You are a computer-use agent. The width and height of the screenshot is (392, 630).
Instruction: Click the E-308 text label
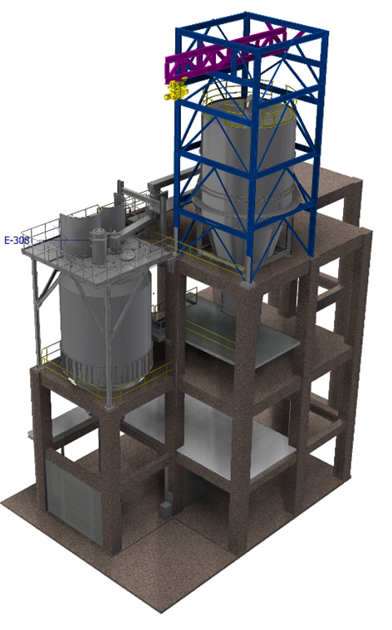17,240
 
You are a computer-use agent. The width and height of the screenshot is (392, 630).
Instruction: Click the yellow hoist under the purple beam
176,90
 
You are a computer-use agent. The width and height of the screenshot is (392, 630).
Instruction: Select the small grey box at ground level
165,510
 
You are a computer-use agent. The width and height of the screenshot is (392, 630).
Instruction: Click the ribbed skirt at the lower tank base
106,372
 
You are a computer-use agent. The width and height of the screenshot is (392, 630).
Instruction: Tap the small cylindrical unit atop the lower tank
97,245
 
